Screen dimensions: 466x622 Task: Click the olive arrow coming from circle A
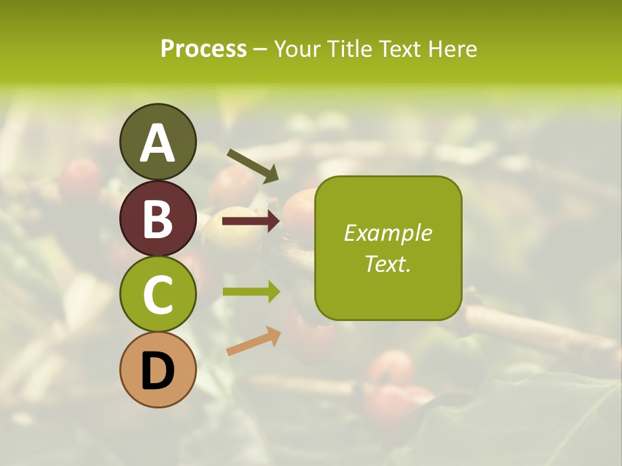[x=252, y=166]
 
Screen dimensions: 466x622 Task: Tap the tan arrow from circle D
[x=253, y=341]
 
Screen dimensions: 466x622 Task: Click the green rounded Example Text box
[x=388, y=248]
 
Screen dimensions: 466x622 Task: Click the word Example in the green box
[x=388, y=233]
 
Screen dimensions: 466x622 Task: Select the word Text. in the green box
[x=388, y=263]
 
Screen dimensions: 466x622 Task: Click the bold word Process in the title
[x=203, y=49]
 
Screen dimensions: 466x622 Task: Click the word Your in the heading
[x=297, y=49]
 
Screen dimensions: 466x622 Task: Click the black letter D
[x=157, y=372]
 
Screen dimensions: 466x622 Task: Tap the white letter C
[x=157, y=295]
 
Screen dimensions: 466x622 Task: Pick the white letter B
[x=157, y=219]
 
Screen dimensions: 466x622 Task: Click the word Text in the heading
[x=399, y=49]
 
